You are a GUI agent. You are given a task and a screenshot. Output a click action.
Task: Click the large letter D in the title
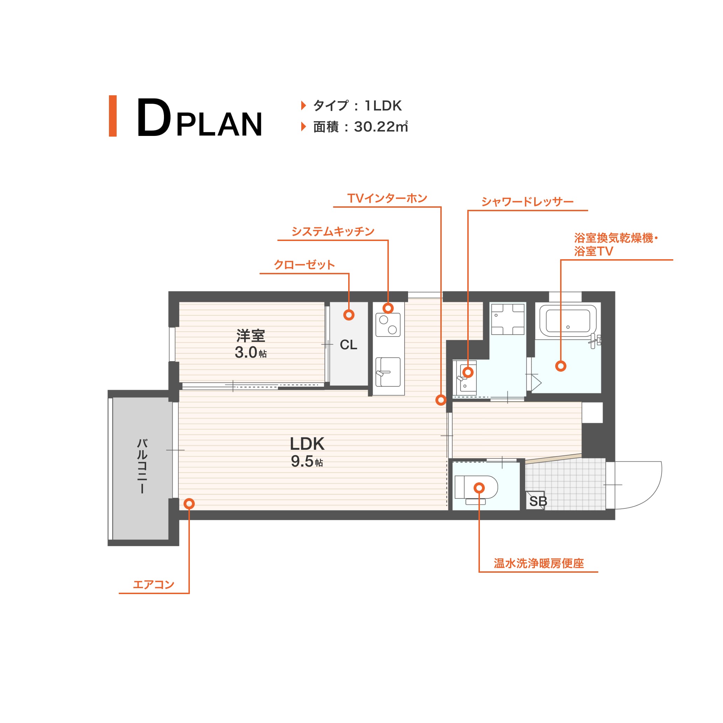pyautogui.click(x=154, y=117)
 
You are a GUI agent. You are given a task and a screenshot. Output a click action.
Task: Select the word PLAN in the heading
pyautogui.click(x=219, y=124)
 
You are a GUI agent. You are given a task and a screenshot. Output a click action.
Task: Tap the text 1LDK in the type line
pyautogui.click(x=383, y=106)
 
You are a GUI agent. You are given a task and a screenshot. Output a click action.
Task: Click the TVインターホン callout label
pyautogui.click(x=387, y=198)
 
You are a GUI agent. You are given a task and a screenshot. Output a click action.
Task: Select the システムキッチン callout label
pyautogui.click(x=333, y=231)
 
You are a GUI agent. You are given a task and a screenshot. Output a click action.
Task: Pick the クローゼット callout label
pyautogui.click(x=304, y=264)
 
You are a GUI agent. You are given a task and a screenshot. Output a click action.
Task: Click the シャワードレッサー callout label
pyautogui.click(x=527, y=202)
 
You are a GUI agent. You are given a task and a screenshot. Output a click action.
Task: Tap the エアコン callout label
pyautogui.click(x=154, y=584)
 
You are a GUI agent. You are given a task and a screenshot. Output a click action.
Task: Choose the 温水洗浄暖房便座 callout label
pyautogui.click(x=538, y=563)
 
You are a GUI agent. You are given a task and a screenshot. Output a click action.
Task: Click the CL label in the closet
pyautogui.click(x=349, y=345)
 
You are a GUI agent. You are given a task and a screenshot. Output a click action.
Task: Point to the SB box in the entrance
pyautogui.click(x=536, y=500)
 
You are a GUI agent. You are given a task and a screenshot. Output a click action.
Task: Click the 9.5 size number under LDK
pyautogui.click(x=302, y=461)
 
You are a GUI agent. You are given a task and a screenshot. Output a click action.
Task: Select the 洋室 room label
pyautogui.click(x=250, y=336)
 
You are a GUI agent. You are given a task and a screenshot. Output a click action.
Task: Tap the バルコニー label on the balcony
pyautogui.click(x=142, y=466)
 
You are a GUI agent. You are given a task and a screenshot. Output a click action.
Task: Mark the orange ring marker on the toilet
pyautogui.click(x=479, y=488)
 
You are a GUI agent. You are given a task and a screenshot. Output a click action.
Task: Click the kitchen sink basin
pyautogui.click(x=388, y=372)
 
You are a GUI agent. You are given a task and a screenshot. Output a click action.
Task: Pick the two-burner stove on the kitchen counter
pyautogui.click(x=388, y=324)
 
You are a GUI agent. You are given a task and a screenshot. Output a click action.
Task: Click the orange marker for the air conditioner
pyautogui.click(x=190, y=504)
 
